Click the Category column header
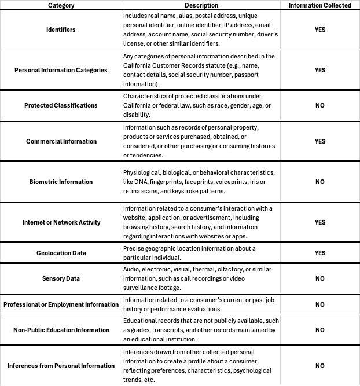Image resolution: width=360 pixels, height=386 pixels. [61, 5]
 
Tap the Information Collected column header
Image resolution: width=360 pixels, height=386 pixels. [320, 5]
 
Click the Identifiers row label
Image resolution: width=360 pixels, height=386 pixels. [61, 29]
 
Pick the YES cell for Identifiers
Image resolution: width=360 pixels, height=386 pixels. [320, 29]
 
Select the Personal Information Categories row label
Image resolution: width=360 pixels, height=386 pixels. [61, 70]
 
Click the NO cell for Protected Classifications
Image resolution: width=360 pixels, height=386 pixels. [320, 105]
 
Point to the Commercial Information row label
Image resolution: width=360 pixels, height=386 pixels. [61, 141]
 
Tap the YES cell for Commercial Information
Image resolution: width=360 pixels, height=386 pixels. [320, 141]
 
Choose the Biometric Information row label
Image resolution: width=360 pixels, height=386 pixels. [61, 182]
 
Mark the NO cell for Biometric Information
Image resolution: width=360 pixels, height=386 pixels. [320, 182]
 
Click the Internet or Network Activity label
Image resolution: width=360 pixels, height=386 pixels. [61, 222]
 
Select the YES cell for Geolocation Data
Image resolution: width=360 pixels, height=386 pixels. [320, 253]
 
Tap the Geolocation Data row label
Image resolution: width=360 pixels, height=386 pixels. [61, 253]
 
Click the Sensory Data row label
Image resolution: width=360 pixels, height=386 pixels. [61, 278]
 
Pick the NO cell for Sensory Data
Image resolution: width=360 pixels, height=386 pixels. [320, 278]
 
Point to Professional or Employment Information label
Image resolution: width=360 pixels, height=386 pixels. [61, 304]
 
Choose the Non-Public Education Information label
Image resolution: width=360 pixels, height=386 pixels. [61, 330]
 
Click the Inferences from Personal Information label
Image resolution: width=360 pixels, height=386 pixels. [61, 366]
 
